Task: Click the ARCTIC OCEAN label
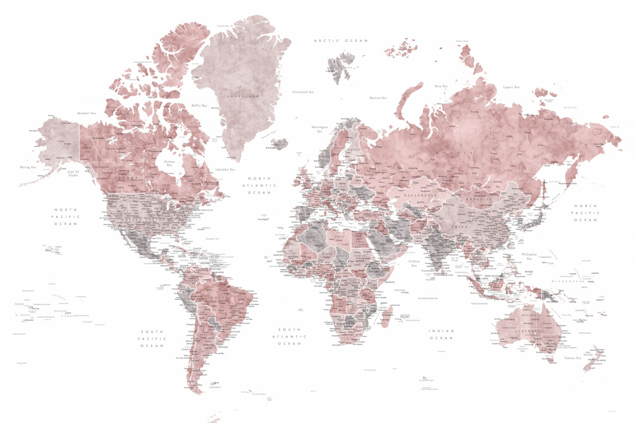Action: pos(341,41)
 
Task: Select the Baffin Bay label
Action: pos(199,105)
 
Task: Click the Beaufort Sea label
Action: pos(86,113)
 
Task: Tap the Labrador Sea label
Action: pos(225,169)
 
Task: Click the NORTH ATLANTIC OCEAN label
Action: pos(259,186)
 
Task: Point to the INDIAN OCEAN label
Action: pos(441,334)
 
